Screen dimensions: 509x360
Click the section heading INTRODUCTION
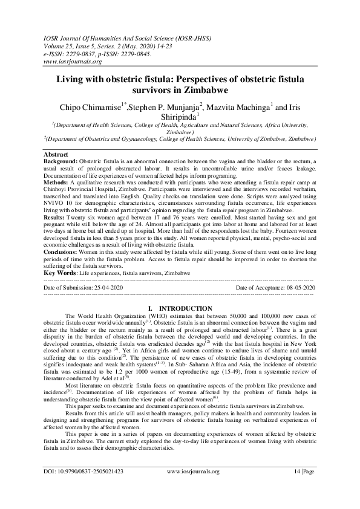(185, 308)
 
